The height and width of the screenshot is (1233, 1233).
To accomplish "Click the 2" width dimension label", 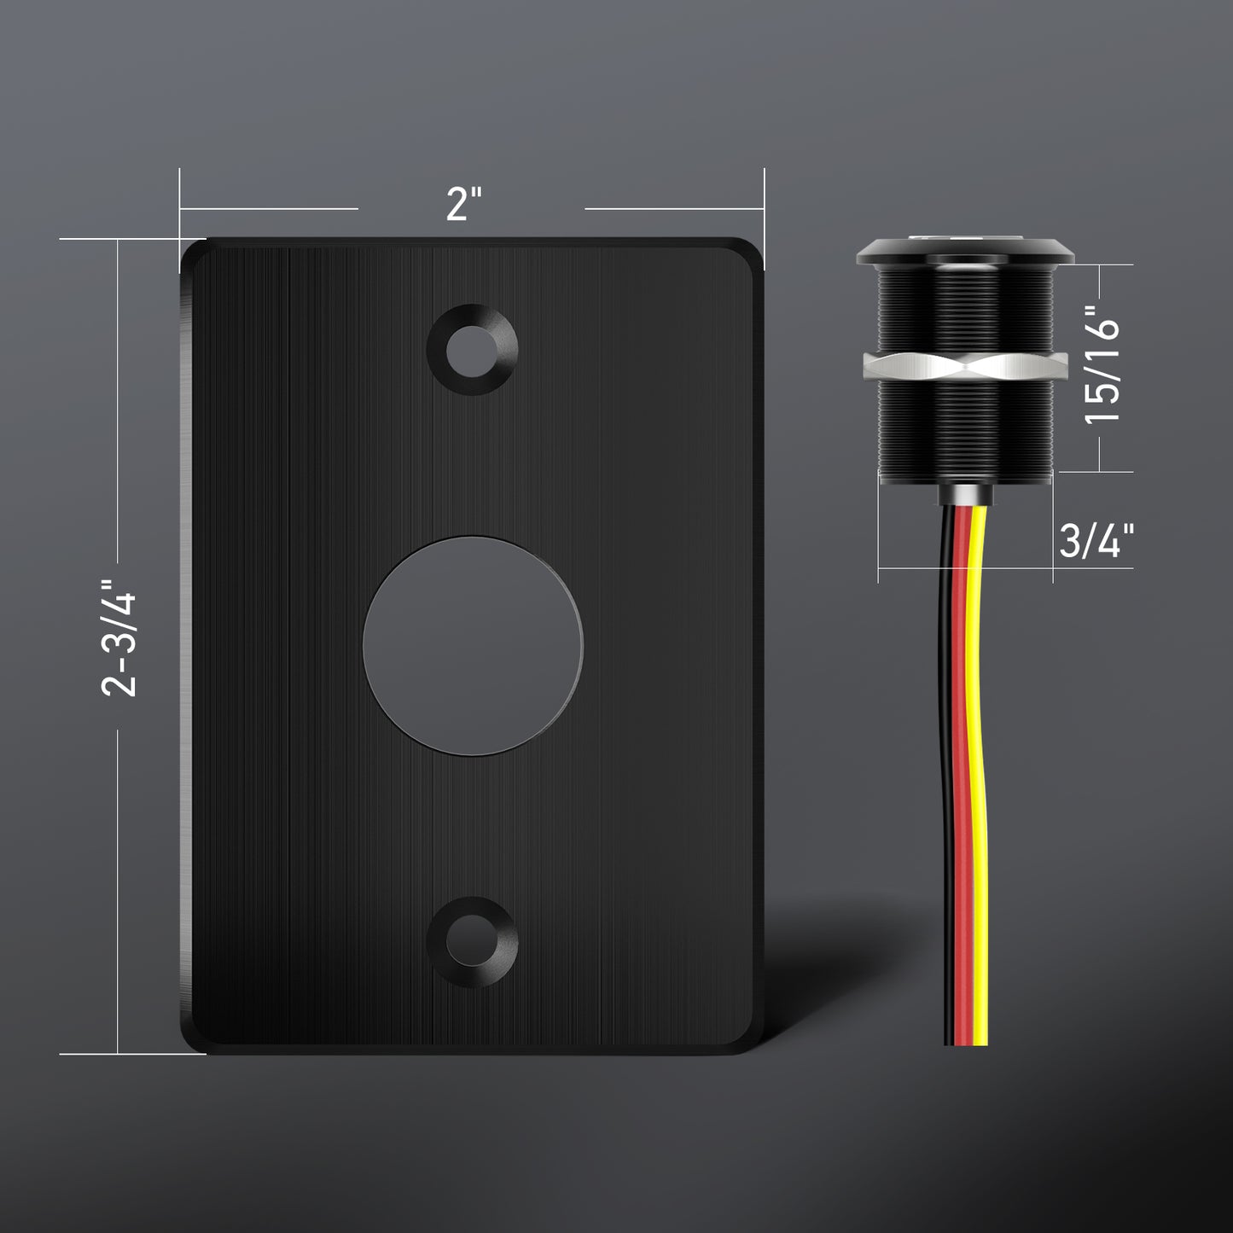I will pyautogui.click(x=464, y=204).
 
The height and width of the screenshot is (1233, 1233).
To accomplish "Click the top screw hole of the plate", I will pyautogui.click(x=474, y=348).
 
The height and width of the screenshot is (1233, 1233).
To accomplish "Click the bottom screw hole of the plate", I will pyautogui.click(x=474, y=940).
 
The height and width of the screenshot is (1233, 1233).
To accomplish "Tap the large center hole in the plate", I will pyautogui.click(x=473, y=644).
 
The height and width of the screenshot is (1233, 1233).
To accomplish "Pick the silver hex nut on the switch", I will pyautogui.click(x=965, y=366).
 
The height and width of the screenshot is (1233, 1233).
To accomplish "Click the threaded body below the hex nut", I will pyautogui.click(x=965, y=431).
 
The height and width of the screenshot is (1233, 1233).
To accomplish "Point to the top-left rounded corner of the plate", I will pyautogui.click(x=193, y=251).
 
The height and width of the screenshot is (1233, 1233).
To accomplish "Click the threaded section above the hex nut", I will pyautogui.click(x=965, y=307).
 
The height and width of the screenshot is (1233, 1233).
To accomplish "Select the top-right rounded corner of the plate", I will pyautogui.click(x=751, y=251).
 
